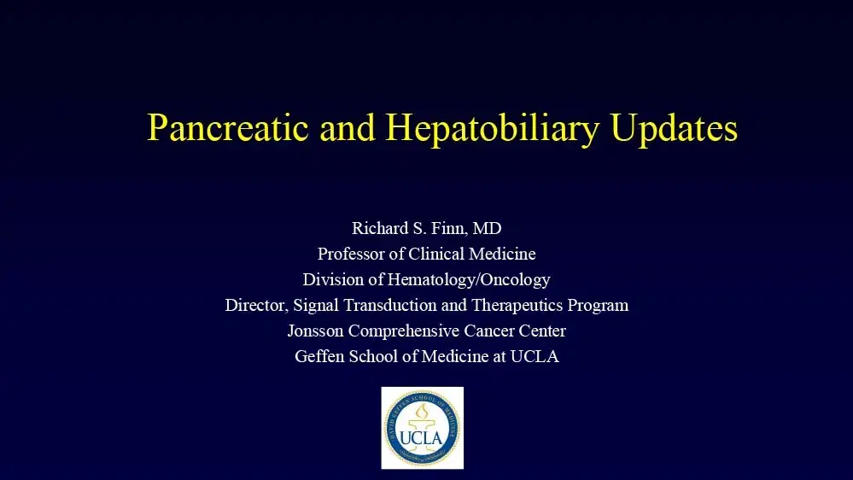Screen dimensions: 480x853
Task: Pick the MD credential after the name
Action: tap(487, 228)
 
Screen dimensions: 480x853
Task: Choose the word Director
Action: tap(255, 305)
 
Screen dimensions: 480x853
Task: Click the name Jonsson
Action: tap(318, 331)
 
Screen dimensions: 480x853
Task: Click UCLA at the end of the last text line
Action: tap(535, 356)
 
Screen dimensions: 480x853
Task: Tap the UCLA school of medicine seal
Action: tap(422, 427)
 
